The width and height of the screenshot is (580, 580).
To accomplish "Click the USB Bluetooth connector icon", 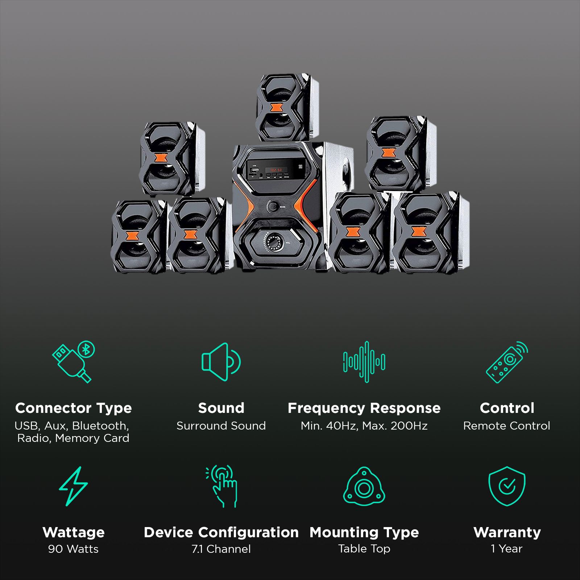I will pyautogui.click(x=74, y=361).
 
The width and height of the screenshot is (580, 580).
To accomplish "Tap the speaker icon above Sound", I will pyautogui.click(x=221, y=362).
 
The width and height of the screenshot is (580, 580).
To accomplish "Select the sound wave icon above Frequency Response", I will pyautogui.click(x=364, y=362).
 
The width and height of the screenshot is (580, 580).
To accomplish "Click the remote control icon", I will pyautogui.click(x=507, y=362).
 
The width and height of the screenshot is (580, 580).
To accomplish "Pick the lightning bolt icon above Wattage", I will pyautogui.click(x=73, y=486).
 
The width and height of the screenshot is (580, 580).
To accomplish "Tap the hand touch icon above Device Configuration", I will pyautogui.click(x=221, y=486).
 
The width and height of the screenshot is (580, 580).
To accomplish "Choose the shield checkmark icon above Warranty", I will pyautogui.click(x=507, y=486).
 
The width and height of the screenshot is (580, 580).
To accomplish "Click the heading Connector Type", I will pyautogui.click(x=74, y=408).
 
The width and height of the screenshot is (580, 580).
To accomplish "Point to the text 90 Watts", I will pyautogui.click(x=73, y=549).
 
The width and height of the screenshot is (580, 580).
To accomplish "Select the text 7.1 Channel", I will pyautogui.click(x=221, y=549).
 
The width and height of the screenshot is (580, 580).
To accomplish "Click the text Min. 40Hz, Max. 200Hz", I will pyautogui.click(x=364, y=426).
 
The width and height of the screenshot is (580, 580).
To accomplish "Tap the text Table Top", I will pyautogui.click(x=364, y=549).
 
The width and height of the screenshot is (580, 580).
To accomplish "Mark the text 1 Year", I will pyautogui.click(x=507, y=549).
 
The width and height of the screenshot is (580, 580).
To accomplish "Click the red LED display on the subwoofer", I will pyautogui.click(x=276, y=170).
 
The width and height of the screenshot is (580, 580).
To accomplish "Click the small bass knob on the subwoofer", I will pyautogui.click(x=273, y=207).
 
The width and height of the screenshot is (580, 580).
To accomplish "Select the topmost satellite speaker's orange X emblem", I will pyautogui.click(x=276, y=108).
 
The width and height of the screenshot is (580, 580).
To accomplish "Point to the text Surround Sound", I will pyautogui.click(x=221, y=426).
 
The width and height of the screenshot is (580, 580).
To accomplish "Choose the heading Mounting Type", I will pyautogui.click(x=364, y=533).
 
